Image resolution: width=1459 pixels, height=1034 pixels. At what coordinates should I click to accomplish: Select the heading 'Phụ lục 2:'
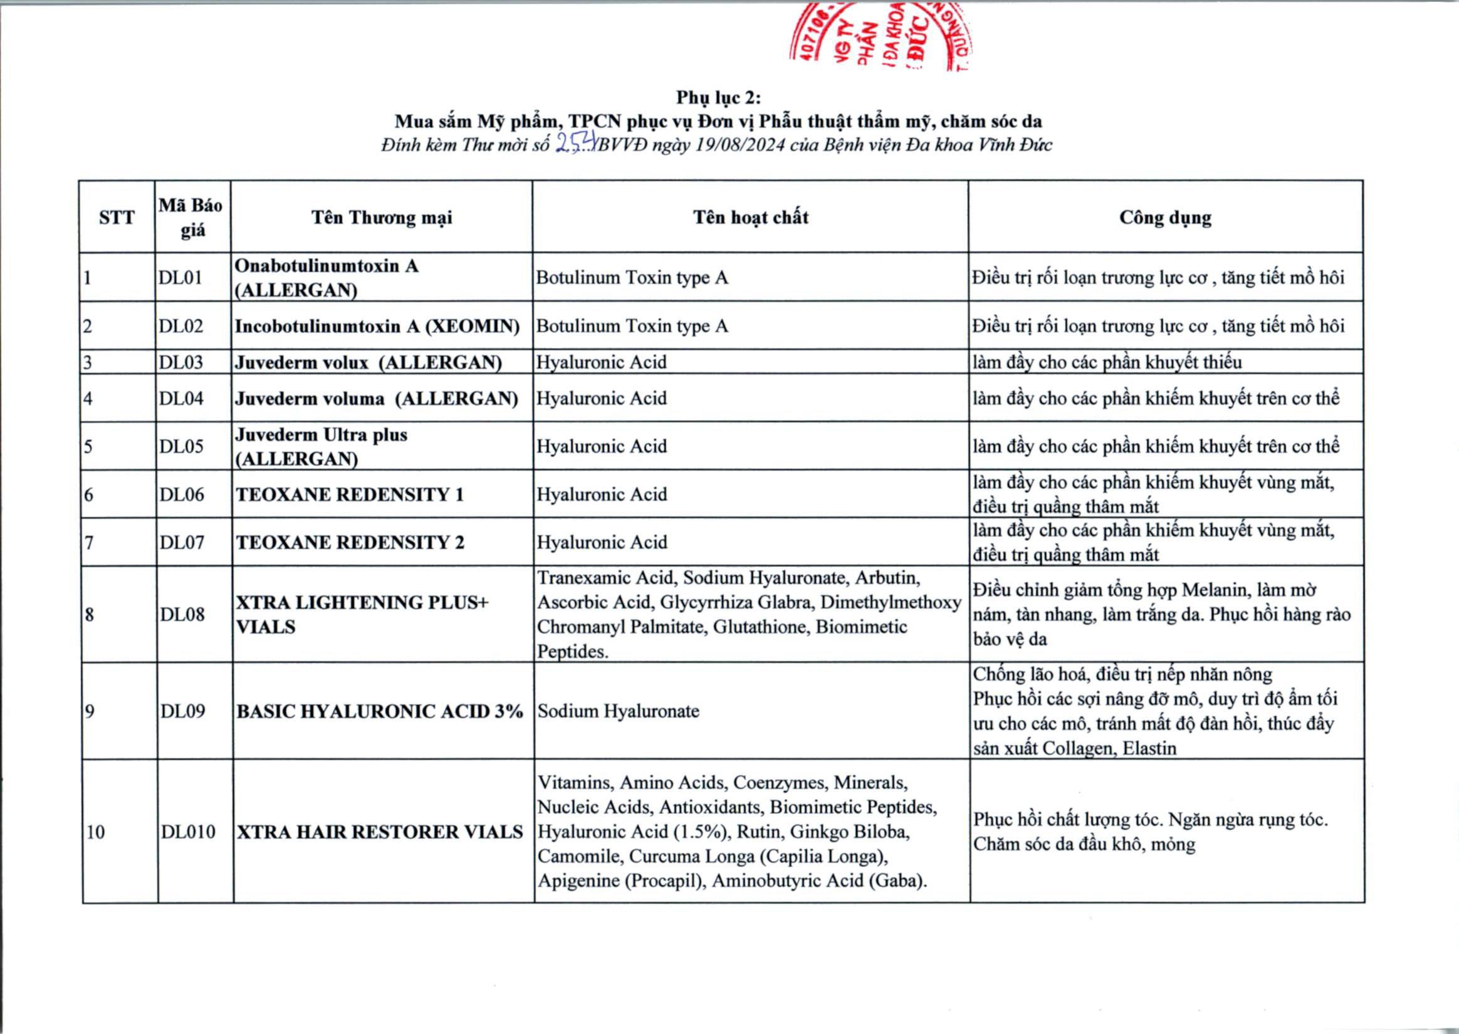[x=718, y=97]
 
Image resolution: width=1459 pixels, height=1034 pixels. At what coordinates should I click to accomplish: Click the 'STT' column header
[x=117, y=217]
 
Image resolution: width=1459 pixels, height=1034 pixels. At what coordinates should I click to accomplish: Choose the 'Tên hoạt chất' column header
[x=751, y=217]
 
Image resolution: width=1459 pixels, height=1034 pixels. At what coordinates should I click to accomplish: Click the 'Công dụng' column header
[x=1165, y=217]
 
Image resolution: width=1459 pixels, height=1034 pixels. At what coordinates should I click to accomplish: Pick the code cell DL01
[x=180, y=278]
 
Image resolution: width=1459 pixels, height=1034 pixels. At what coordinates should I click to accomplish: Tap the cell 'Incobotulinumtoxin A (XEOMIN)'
[x=377, y=326]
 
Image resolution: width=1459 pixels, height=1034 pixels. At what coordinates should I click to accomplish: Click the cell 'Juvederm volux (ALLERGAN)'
[x=369, y=362]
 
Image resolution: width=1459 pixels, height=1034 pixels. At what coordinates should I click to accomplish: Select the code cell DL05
[x=181, y=446]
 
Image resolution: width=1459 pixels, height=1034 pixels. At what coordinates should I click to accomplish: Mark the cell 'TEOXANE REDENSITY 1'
[x=350, y=494]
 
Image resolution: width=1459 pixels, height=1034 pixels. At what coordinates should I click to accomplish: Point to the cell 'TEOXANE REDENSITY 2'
[x=350, y=543]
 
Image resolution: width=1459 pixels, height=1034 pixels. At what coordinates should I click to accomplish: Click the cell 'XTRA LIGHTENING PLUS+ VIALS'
[x=362, y=614]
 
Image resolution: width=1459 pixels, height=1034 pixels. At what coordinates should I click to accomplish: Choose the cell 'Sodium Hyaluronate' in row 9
[x=618, y=711]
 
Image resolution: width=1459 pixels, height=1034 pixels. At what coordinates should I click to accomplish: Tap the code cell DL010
[x=188, y=832]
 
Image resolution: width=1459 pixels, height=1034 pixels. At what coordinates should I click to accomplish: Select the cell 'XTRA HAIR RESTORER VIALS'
[x=380, y=832]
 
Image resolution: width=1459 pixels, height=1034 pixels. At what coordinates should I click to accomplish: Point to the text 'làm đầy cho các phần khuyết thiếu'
[x=1107, y=362]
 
